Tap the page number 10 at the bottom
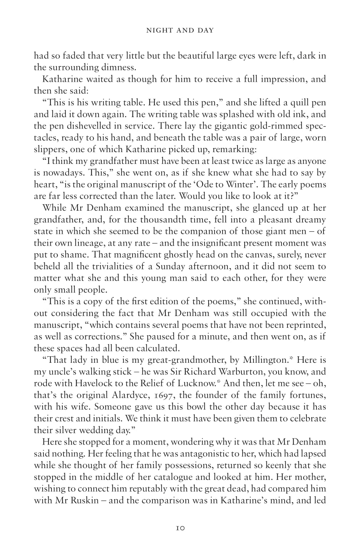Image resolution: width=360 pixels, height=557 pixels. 180,528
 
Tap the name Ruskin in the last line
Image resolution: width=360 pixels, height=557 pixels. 77,500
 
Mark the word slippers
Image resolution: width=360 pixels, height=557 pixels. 49,149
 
